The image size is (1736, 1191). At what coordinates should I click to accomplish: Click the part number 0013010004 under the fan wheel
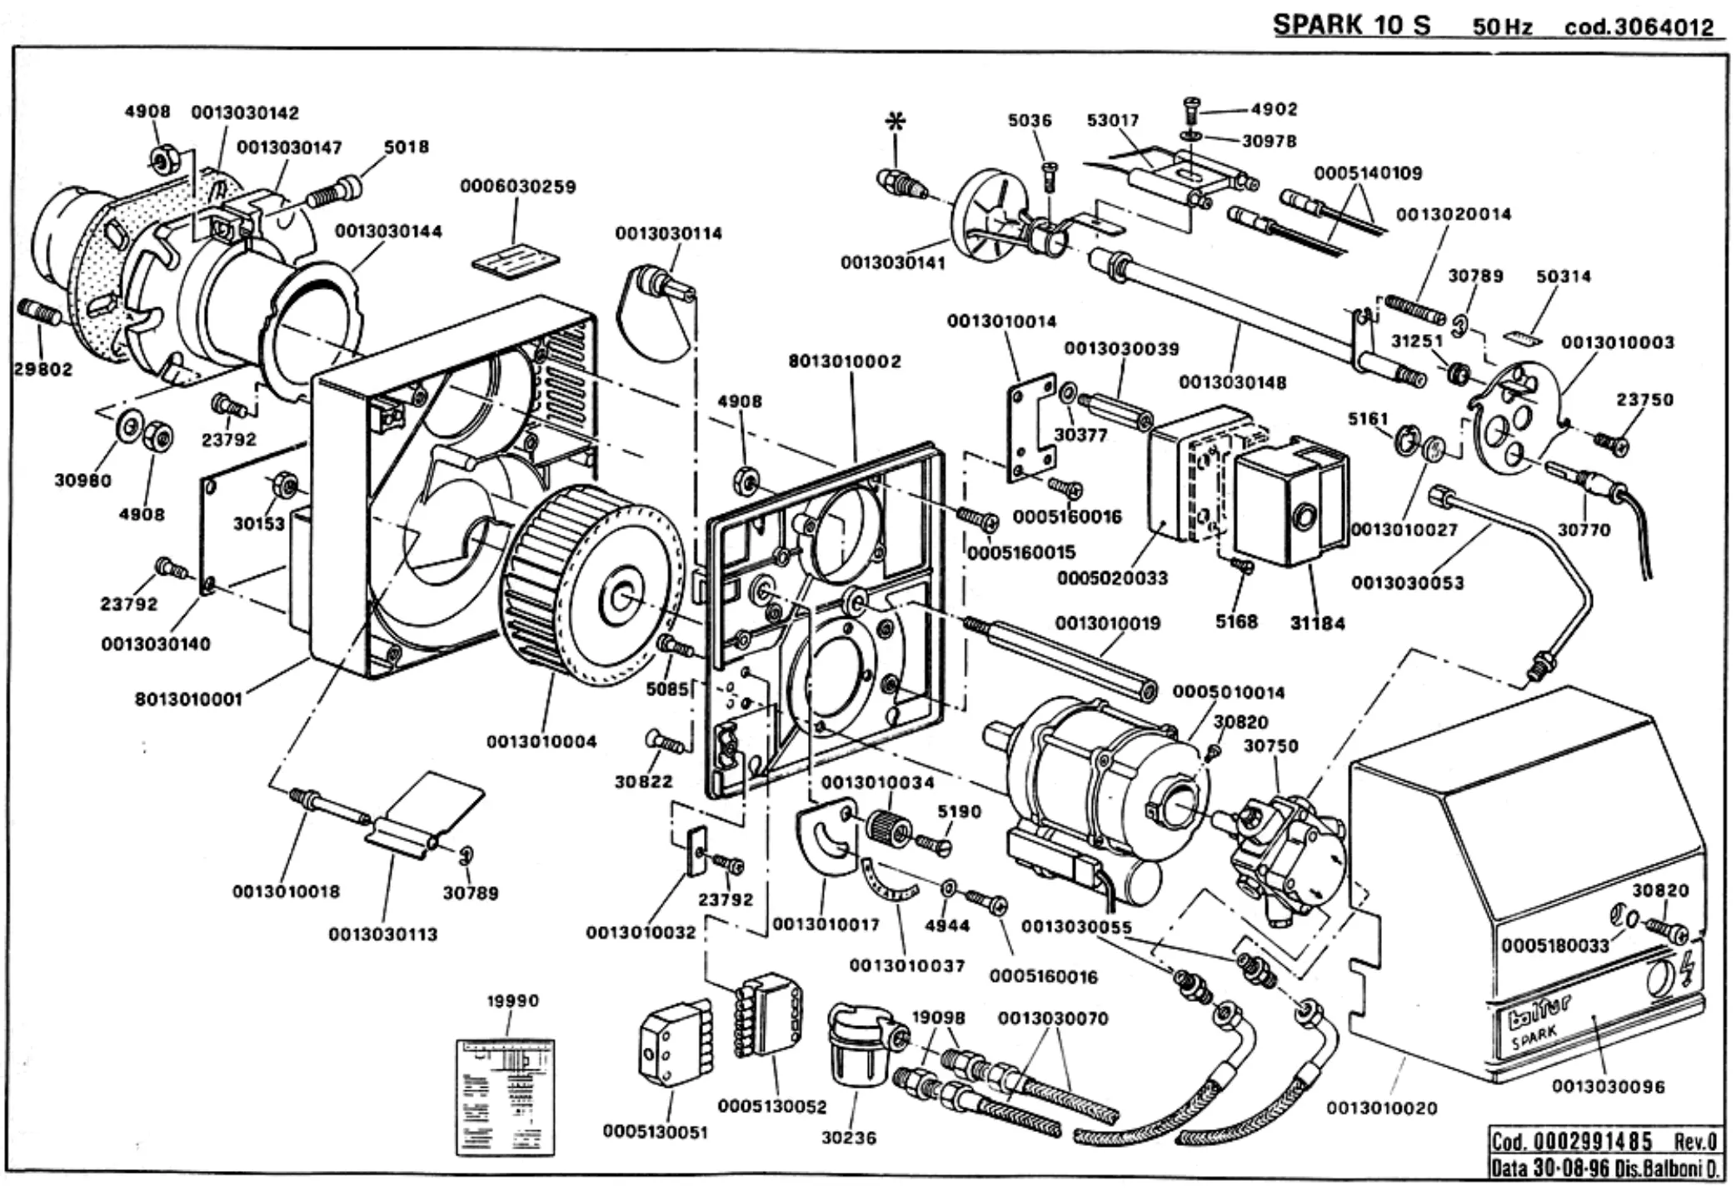541,741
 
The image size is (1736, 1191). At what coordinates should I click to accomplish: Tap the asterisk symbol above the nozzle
896,122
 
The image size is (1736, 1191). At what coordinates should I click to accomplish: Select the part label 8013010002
845,361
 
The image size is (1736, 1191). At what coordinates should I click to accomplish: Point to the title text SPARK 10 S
1351,25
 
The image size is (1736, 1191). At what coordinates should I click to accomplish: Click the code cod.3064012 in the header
1639,27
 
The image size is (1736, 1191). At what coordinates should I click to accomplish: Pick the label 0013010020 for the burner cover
1381,1108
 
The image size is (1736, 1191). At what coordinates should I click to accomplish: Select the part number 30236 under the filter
849,1138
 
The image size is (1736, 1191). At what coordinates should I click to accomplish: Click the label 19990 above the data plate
512,1000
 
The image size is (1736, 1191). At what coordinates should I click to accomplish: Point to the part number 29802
43,369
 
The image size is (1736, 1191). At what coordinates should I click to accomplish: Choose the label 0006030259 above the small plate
518,187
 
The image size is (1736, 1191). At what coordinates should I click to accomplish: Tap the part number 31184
1318,622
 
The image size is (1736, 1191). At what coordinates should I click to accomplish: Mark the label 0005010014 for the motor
1229,692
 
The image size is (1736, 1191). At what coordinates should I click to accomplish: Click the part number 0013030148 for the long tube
1233,382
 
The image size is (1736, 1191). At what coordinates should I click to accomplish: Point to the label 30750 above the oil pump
1271,745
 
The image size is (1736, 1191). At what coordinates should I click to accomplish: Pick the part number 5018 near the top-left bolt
407,147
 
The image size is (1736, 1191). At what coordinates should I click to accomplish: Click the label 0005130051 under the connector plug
656,1132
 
